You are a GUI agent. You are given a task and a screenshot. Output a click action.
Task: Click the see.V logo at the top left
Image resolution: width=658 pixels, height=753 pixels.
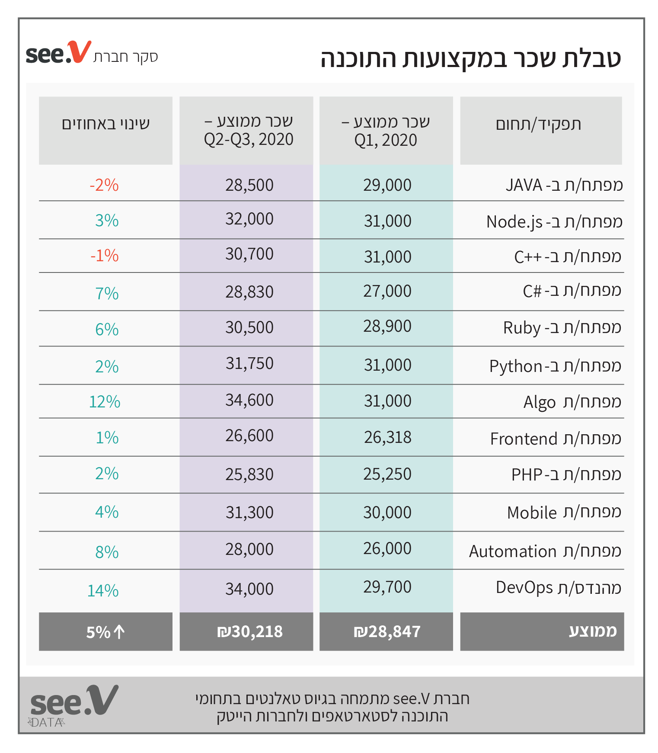tap(58, 53)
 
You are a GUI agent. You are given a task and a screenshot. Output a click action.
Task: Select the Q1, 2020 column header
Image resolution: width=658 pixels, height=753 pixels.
tap(386, 131)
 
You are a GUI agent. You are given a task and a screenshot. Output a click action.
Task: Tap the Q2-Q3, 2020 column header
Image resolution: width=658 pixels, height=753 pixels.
tap(249, 131)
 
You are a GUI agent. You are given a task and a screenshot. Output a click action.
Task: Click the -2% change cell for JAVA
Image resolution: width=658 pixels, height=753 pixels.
tap(104, 185)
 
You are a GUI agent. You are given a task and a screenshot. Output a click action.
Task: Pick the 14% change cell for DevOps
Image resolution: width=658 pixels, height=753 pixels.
tap(103, 591)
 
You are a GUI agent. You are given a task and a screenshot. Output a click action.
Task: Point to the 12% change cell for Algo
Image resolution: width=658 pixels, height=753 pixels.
tap(105, 402)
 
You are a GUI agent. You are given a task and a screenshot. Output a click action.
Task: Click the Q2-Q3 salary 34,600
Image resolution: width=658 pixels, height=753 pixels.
tap(249, 401)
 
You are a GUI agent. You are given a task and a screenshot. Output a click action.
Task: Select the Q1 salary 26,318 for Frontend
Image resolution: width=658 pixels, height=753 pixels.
tap(387, 438)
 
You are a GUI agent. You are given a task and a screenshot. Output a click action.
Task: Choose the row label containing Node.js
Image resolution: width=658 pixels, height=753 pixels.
tap(554, 222)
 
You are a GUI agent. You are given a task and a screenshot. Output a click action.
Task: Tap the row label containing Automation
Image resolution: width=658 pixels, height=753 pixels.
tap(545, 551)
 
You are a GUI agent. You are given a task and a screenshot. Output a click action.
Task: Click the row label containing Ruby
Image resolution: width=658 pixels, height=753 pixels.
tap(562, 328)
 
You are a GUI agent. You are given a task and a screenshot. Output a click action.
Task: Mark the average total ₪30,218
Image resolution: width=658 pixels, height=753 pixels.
tap(249, 632)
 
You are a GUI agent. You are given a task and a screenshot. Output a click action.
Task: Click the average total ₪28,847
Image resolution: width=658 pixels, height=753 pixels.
tap(387, 632)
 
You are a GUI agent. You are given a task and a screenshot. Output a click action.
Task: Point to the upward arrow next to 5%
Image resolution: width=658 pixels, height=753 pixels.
tap(119, 632)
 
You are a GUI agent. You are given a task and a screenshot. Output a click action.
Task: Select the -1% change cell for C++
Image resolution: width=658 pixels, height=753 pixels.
tap(105, 256)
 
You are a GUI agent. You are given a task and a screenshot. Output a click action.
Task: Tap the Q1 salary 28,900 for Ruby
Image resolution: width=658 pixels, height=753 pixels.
tap(387, 327)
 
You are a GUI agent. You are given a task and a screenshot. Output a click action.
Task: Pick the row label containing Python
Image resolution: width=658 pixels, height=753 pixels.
tap(555, 366)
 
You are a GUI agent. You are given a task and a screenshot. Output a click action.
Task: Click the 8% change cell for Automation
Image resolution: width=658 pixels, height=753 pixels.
tap(107, 552)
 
